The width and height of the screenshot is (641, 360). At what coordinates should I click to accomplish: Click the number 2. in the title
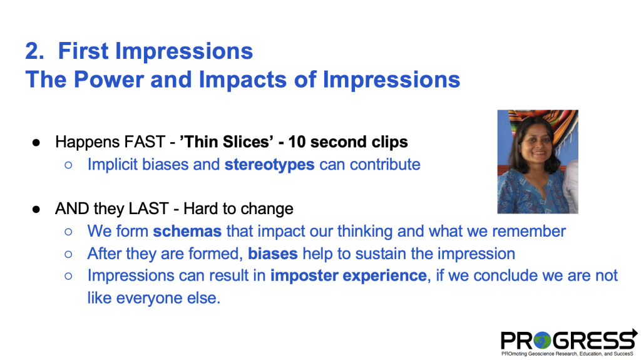tap(35, 51)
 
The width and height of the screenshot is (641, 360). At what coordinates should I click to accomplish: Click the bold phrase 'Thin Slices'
tap(227, 142)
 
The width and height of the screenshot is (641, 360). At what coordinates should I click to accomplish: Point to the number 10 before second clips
tap(297, 142)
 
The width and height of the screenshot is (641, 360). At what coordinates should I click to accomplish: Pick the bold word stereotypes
tap(269, 165)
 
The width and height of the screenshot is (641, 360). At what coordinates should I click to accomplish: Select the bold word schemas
tap(187, 231)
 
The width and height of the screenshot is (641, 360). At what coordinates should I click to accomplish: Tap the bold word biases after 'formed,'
tap(273, 254)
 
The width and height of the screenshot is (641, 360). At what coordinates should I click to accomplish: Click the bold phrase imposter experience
tap(348, 275)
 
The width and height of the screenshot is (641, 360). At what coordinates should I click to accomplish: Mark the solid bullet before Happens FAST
tap(36, 142)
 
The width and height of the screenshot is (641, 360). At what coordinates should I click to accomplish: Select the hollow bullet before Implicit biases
tap(68, 165)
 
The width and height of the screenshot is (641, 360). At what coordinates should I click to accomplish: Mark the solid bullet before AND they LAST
tap(36, 209)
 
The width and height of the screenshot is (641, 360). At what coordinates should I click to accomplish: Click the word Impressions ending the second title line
tap(392, 80)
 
